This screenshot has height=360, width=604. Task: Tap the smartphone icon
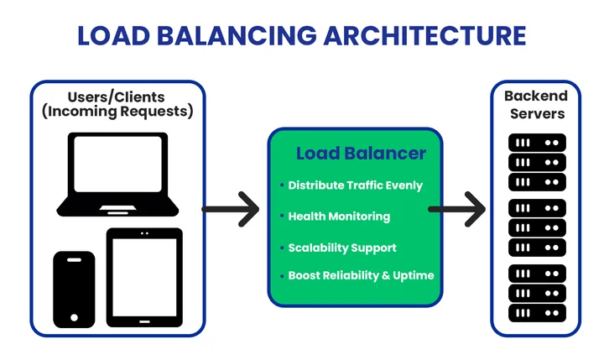[x=74, y=289]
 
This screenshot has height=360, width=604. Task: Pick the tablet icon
[x=144, y=278]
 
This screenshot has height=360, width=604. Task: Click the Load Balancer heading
[x=361, y=154]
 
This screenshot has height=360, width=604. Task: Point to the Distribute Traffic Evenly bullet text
[x=355, y=185]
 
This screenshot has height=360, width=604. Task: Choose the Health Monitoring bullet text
[x=339, y=217]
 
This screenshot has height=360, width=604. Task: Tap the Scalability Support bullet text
[x=341, y=248]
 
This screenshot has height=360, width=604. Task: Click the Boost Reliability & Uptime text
[x=361, y=275]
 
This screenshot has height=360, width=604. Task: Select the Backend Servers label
[x=535, y=105]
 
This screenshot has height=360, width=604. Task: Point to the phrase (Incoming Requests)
[x=117, y=112]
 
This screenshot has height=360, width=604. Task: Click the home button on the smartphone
[x=74, y=319]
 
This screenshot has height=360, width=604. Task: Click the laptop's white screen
[x=117, y=166]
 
